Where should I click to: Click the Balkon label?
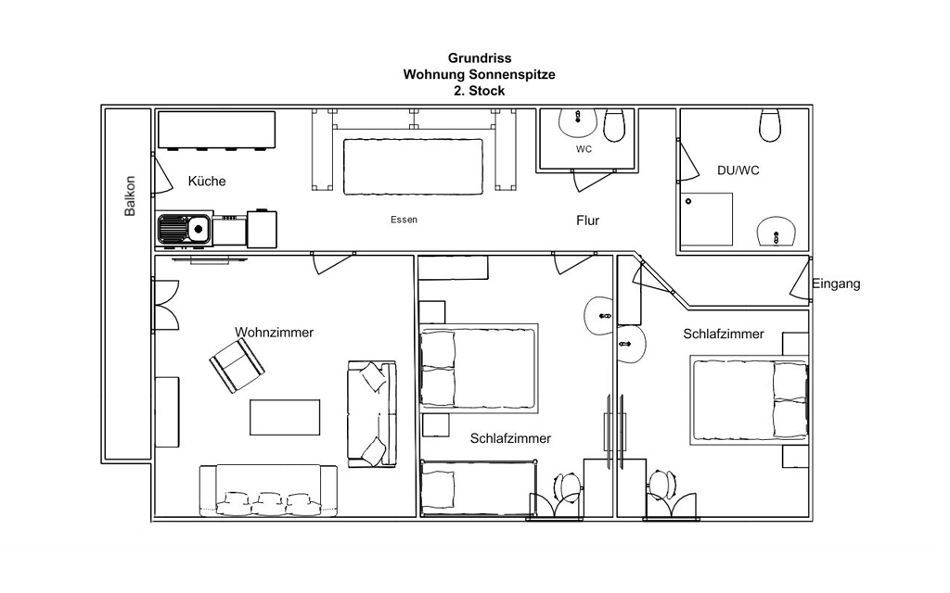click(x=130, y=196)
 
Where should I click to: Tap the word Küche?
click(x=207, y=181)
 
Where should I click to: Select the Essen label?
click(x=404, y=220)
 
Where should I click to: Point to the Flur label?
click(x=587, y=221)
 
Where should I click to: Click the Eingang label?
click(x=836, y=284)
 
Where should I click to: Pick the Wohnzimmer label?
click(x=275, y=333)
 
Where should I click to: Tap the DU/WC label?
click(x=738, y=170)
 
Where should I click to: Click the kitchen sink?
click(x=185, y=230)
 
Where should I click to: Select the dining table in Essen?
click(x=413, y=167)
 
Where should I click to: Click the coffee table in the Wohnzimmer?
click(x=285, y=418)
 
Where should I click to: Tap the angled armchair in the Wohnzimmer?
click(x=237, y=366)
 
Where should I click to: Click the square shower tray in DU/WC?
click(x=706, y=219)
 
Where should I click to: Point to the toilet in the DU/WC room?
click(x=770, y=125)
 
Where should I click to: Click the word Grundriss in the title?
click(x=480, y=58)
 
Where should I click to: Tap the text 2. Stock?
click(x=480, y=91)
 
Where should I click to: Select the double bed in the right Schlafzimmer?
click(x=750, y=400)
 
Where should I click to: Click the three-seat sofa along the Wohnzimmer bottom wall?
click(x=268, y=491)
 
